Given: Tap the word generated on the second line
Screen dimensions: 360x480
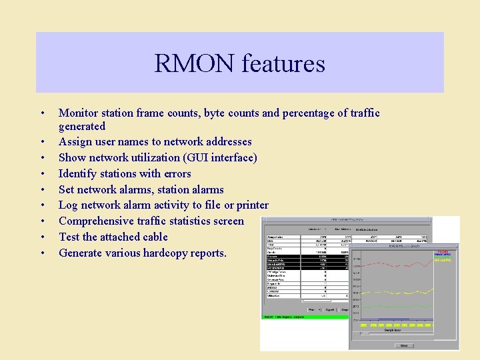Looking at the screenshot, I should pos(82,126).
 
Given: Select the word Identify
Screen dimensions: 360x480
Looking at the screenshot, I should pos(80,173).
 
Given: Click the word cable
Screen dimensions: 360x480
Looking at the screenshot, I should pos(151,237).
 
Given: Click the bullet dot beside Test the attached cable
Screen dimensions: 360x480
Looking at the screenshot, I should pos(42,237).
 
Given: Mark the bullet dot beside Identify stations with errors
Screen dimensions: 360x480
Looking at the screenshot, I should pos(42,174).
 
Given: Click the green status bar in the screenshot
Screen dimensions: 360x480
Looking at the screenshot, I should pos(304,317).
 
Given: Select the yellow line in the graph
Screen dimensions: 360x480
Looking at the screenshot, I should pos(393,292).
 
